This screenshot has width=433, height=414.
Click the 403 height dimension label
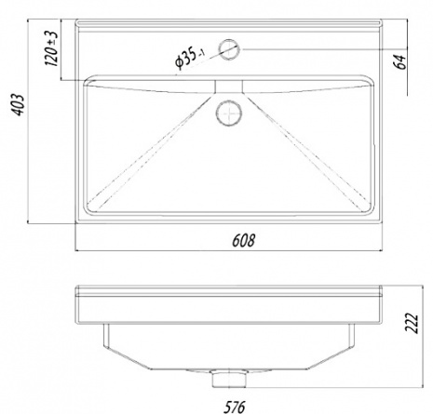point(19,104)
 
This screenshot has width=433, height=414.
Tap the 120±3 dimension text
point(51,48)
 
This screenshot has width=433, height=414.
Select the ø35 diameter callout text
point(189,58)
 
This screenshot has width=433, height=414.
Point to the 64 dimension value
point(399,61)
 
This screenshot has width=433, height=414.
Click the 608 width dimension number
point(244,241)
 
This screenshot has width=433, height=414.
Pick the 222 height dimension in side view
point(412,323)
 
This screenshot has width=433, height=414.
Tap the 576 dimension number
point(235,407)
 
